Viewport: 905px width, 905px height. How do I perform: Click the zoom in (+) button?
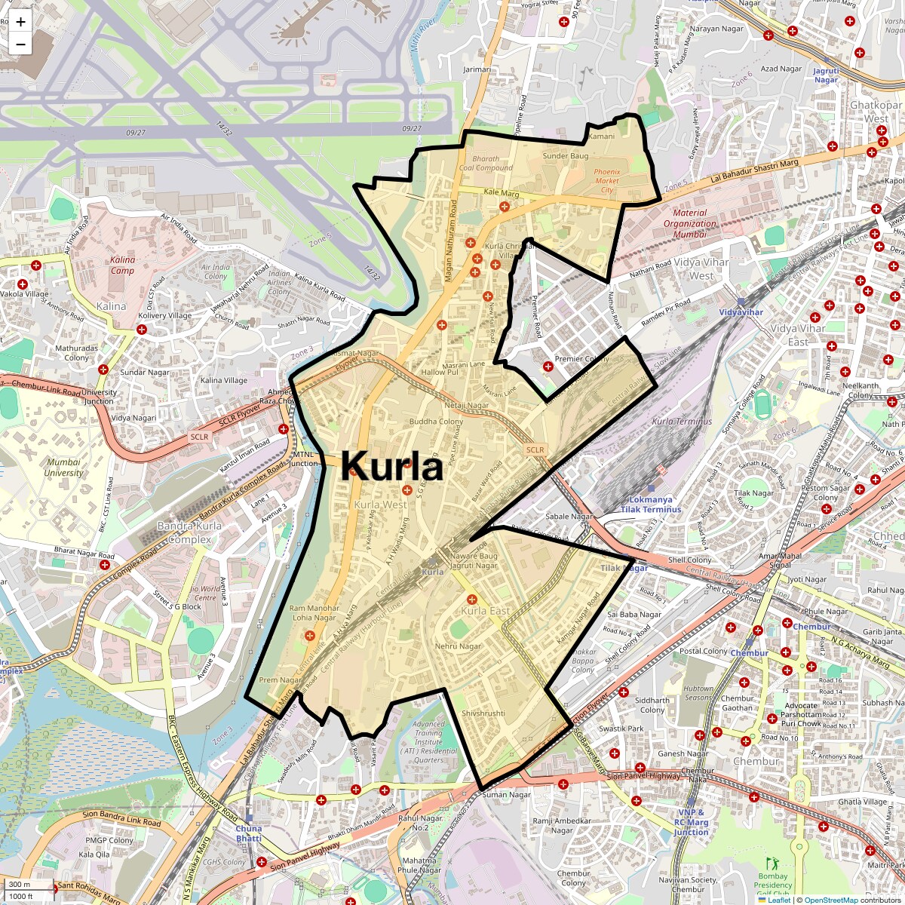click(x=20, y=22)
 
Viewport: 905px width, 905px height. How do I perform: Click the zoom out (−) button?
click(x=20, y=44)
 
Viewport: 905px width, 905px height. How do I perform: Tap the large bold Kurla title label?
click(x=391, y=467)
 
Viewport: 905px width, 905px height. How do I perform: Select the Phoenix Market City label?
click(x=606, y=181)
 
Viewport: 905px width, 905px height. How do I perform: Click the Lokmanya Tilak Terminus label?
click(x=650, y=505)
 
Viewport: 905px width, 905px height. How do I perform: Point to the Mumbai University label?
click(x=63, y=468)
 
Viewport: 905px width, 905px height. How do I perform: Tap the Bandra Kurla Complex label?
click(x=189, y=532)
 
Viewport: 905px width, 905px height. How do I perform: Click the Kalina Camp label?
click(x=122, y=265)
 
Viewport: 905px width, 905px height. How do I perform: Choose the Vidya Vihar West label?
click(x=701, y=268)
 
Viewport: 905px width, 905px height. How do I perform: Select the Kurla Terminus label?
click(x=682, y=422)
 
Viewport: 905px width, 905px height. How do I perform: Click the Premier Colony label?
click(x=581, y=359)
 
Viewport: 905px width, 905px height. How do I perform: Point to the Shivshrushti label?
click(x=483, y=713)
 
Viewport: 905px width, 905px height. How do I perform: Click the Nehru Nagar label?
click(x=458, y=646)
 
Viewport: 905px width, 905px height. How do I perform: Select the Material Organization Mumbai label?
click(x=690, y=223)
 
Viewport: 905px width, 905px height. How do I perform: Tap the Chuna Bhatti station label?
click(x=249, y=833)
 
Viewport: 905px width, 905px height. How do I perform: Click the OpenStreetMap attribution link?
click(x=830, y=900)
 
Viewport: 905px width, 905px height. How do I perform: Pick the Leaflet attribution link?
click(x=779, y=900)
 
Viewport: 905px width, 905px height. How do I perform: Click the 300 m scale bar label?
click(x=20, y=885)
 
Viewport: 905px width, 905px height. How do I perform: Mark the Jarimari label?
click(x=477, y=69)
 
